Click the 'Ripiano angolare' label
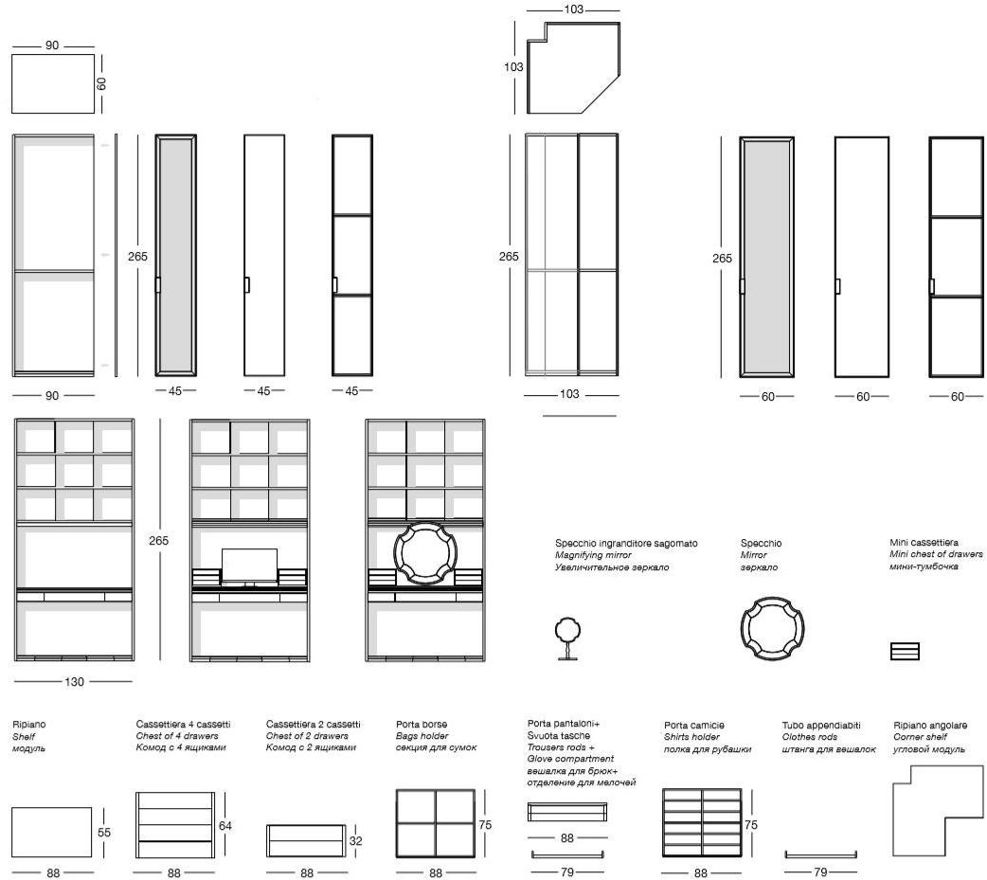pyautogui.click(x=930, y=726)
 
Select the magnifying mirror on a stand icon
pyautogui.click(x=567, y=638)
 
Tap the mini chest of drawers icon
pyautogui.click(x=905, y=651)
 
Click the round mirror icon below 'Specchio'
pyautogui.click(x=772, y=628)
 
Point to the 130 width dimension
pyautogui.click(x=74, y=681)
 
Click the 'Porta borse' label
pyautogui.click(x=422, y=725)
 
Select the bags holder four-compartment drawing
pyautogui.click(x=436, y=823)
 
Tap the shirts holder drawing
pyautogui.click(x=702, y=823)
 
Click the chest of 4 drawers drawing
pyautogui.click(x=175, y=825)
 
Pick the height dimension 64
pyautogui.click(x=224, y=825)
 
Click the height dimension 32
pyautogui.click(x=355, y=840)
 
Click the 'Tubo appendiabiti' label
pyautogui.click(x=821, y=726)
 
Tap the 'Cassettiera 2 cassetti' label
pyautogui.click(x=313, y=725)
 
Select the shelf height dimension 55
pyautogui.click(x=104, y=832)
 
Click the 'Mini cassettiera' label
pyautogui.click(x=924, y=543)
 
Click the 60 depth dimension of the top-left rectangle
pyautogui.click(x=101, y=83)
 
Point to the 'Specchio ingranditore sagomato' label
pyautogui.click(x=626, y=543)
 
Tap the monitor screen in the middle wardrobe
pyautogui.click(x=249, y=565)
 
